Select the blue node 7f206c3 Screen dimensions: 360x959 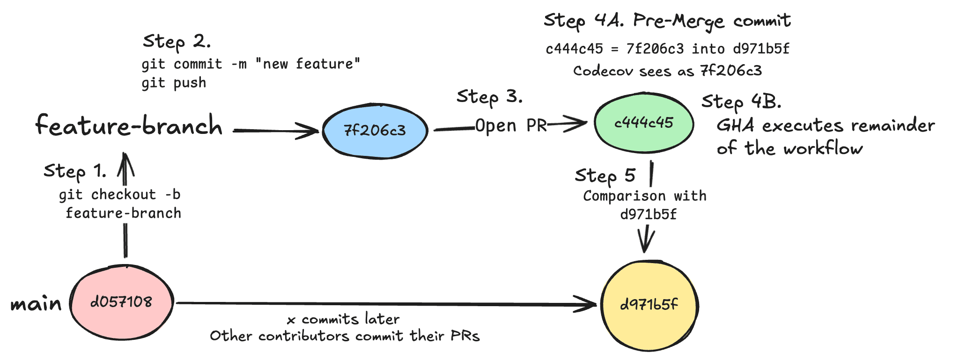click(375, 131)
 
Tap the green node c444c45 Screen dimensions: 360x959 click(644, 123)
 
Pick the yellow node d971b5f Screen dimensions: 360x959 click(649, 305)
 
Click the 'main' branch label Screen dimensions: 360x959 click(36, 304)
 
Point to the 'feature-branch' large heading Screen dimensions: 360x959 click(129, 125)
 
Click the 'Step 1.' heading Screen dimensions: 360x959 click(75, 171)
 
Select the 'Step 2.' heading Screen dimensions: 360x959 click(177, 42)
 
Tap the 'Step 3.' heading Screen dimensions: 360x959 click(489, 97)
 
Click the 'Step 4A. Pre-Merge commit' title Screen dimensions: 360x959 click(667, 21)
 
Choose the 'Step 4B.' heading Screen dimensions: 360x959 click(741, 102)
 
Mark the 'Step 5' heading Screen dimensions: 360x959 click(605, 176)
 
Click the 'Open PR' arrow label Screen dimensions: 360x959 click(511, 125)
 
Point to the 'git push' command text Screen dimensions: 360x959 click(174, 83)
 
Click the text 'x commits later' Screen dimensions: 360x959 click(343, 320)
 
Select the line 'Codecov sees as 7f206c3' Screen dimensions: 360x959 click(667, 71)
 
